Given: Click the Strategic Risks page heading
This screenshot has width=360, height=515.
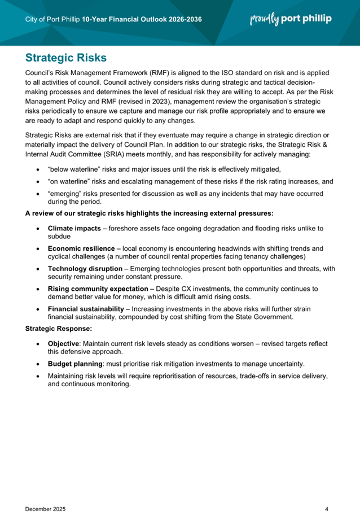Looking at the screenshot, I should (x=66, y=58).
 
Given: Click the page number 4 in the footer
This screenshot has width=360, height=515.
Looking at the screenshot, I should (x=327, y=493).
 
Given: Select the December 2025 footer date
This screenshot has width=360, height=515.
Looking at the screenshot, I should (x=46, y=493).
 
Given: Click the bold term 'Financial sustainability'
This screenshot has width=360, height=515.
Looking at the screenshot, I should (x=85, y=309).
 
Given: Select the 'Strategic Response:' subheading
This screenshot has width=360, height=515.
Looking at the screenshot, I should (x=58, y=327).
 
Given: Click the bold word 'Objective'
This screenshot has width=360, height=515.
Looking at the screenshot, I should (x=64, y=343).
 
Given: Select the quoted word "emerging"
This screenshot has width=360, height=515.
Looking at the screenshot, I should (x=66, y=194).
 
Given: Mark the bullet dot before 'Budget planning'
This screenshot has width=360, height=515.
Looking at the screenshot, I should (x=37, y=364).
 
